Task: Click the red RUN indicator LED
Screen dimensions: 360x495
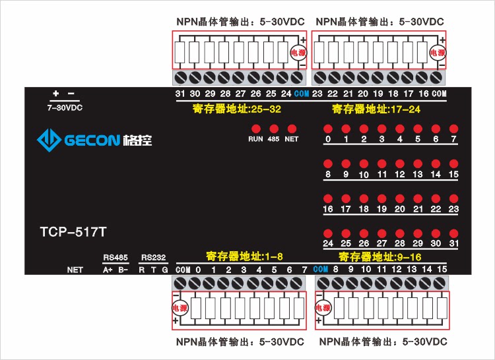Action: tap(255, 129)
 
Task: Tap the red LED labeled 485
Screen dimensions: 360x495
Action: tap(273, 129)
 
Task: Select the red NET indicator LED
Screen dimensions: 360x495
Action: tap(292, 129)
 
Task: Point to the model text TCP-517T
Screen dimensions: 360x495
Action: tap(73, 231)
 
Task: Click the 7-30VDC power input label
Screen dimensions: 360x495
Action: tap(65, 107)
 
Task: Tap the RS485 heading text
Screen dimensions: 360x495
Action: tap(115, 257)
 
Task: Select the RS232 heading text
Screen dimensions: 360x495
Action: tap(153, 257)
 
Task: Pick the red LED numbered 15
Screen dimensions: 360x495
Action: tap(453, 164)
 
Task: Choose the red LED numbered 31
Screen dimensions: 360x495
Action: tap(453, 233)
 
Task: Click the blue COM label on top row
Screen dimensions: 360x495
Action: tap(302, 94)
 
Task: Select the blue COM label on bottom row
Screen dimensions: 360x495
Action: tap(321, 270)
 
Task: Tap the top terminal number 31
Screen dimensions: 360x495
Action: tap(180, 94)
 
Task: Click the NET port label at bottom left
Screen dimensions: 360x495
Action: tap(75, 270)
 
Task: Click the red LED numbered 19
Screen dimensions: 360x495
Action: tap(381, 198)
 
